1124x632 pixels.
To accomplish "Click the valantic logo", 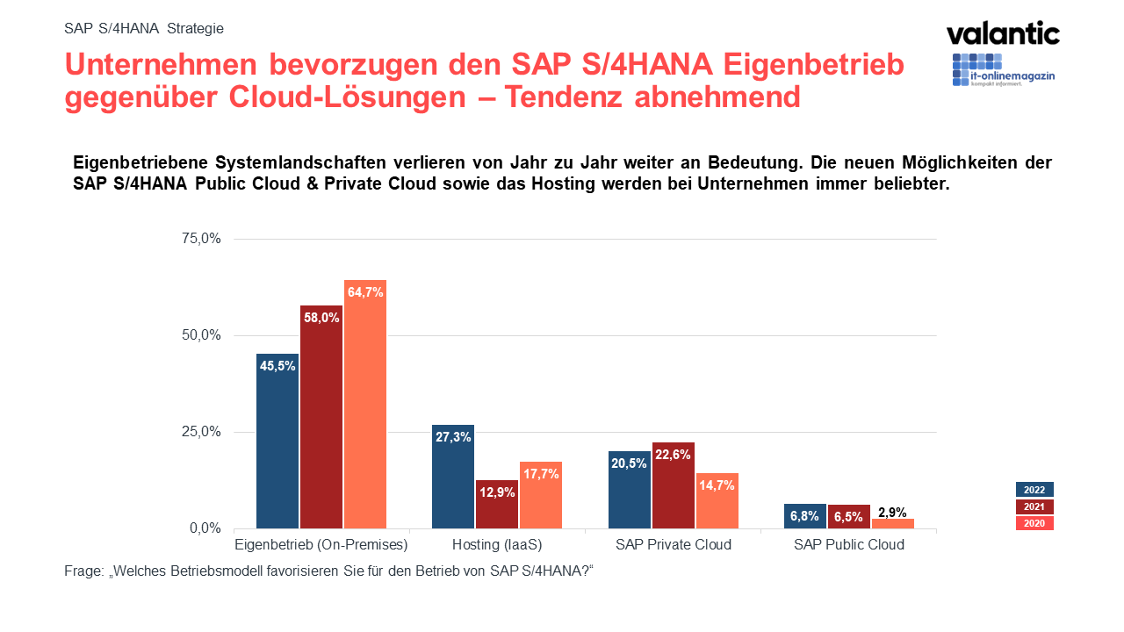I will (x=1003, y=33).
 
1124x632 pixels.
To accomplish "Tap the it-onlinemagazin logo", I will (x=1003, y=70).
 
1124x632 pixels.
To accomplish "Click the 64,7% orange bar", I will (x=365, y=404).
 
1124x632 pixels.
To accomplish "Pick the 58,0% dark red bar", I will (x=321, y=417).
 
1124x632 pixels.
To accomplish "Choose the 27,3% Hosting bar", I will (x=453, y=477).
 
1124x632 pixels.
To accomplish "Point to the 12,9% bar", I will (x=497, y=504).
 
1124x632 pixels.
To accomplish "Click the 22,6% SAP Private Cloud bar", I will (x=673, y=485).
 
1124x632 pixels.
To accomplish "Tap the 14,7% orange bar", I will (x=717, y=500).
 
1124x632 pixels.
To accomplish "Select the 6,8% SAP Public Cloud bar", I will (x=804, y=516).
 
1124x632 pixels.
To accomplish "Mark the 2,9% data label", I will (x=892, y=512).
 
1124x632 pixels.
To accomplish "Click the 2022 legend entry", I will (x=1034, y=490).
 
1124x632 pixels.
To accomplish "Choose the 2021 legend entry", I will (x=1034, y=506).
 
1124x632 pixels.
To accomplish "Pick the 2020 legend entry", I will (x=1034, y=523).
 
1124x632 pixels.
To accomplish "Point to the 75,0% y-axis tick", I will (x=202, y=239).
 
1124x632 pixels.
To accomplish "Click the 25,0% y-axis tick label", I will (x=202, y=432).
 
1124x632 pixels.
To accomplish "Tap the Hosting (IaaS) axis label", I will (x=497, y=544).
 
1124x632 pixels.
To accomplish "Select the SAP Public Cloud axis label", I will (x=849, y=544).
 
